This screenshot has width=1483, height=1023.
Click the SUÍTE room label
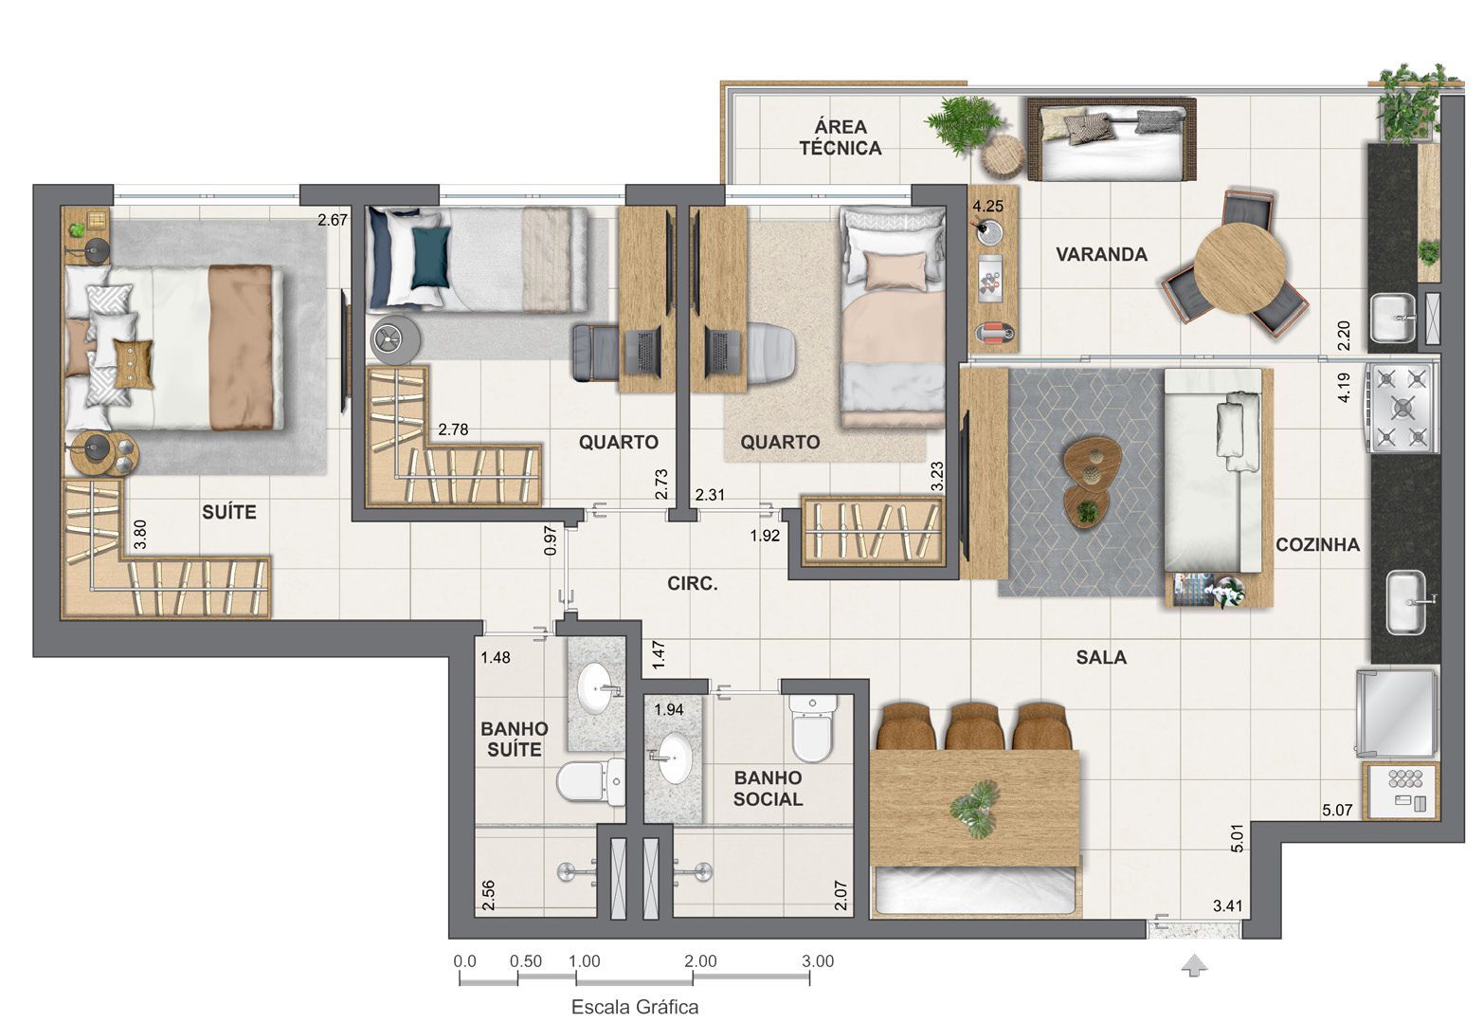point(229,512)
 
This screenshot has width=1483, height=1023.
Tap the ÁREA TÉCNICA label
point(841,137)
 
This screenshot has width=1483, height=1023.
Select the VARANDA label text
point(1101,254)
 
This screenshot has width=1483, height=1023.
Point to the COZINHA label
point(1317,544)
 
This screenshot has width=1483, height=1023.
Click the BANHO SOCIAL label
point(768,788)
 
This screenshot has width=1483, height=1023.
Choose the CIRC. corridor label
point(692,584)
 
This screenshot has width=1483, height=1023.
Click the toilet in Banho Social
point(813,728)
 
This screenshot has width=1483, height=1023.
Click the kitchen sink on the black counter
point(1406,601)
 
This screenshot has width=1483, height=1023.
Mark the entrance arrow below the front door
point(1195,966)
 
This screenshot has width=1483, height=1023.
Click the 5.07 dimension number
point(1337,811)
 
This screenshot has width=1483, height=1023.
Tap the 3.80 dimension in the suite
point(140,536)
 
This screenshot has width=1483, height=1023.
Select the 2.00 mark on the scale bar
point(700,961)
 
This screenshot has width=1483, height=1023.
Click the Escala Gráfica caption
point(634,1007)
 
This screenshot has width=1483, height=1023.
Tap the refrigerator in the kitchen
point(1397,714)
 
